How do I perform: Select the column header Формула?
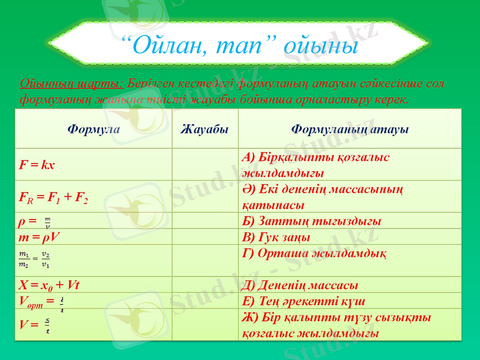point(94,129)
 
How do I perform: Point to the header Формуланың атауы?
point(350,129)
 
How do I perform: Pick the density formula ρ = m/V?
point(36,222)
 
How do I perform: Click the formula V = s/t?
point(35,326)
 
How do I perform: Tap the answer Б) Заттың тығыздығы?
point(311,221)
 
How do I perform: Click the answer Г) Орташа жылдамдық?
point(314,253)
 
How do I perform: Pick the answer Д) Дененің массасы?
point(300,284)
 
